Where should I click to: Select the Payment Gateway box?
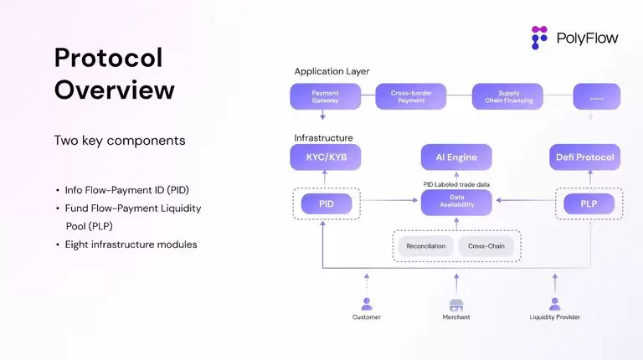324,96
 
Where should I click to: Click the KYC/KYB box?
324,157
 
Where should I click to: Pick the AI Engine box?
455,157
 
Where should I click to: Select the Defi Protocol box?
584,157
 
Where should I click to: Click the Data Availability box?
455,203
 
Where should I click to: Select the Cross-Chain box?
486,246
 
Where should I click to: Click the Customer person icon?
366,305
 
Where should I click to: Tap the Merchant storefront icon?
456,305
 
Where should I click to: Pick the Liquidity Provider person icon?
554,305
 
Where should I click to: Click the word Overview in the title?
115,89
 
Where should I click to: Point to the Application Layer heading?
332,71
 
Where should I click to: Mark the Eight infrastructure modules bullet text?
131,244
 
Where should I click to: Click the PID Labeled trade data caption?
455,183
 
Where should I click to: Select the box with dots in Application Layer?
597,96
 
